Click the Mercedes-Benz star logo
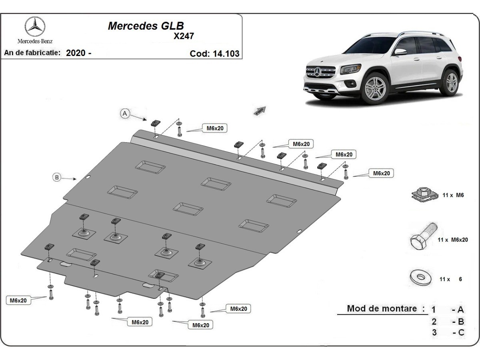coord(35,26)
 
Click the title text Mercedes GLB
coord(146,26)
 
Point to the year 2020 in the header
coord(75,53)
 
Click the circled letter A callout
coord(125,114)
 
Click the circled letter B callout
coord(57,177)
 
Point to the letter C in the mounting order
coord(461,332)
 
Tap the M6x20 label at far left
coord(18,300)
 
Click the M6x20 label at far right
coord(381,173)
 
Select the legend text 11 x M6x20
coord(458,240)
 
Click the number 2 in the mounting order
coord(434,321)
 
